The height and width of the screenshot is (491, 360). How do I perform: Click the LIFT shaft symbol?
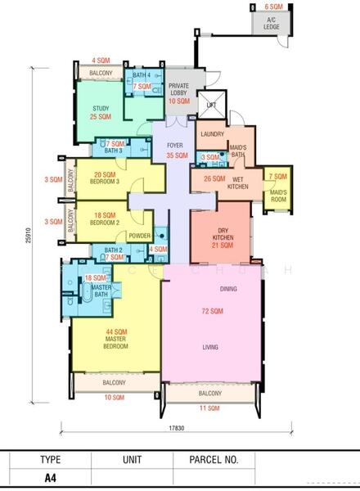(x=212, y=105)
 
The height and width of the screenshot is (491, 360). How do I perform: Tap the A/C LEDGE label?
(x=272, y=24)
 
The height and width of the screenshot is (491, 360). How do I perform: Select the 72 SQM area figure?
(x=213, y=311)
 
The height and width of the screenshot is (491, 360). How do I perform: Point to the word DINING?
(x=228, y=289)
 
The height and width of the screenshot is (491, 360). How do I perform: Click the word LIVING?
(x=210, y=347)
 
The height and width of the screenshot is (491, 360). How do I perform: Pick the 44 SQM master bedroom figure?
(x=116, y=332)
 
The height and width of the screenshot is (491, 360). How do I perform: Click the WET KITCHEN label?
(x=238, y=182)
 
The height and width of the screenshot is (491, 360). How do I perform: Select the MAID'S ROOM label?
(x=279, y=196)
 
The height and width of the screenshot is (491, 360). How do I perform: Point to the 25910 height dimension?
(x=29, y=236)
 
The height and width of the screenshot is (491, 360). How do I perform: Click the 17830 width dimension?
(x=177, y=428)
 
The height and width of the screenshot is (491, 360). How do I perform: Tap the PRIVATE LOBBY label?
(x=178, y=89)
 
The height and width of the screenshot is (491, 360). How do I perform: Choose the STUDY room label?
(x=101, y=108)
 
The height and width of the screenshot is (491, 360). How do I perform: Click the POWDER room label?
(x=140, y=236)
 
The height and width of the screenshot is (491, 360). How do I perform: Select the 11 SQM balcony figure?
(x=209, y=408)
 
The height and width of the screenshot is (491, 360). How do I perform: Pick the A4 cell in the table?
(x=51, y=478)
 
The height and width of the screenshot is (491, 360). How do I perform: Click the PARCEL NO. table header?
(x=214, y=460)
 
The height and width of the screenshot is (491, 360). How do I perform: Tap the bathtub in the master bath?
(x=86, y=291)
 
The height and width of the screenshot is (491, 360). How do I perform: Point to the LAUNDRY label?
(x=212, y=134)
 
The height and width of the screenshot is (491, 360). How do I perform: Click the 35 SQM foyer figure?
(x=178, y=155)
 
